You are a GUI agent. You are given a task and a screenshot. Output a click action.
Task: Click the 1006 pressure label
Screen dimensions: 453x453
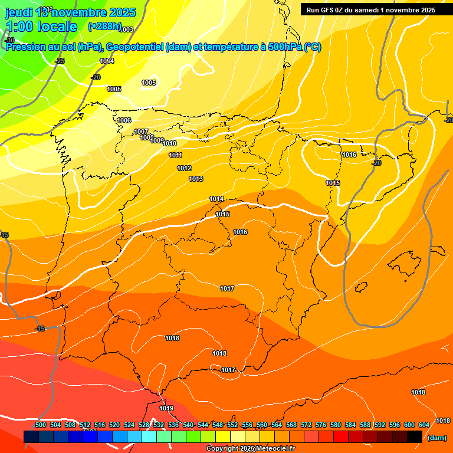click(124, 120)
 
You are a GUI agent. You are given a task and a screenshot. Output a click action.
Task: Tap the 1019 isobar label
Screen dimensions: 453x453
click(166, 408)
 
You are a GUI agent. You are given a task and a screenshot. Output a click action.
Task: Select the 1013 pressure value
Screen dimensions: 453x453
click(196, 179)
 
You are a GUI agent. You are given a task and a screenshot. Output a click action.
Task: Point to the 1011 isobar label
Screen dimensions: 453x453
click(175, 155)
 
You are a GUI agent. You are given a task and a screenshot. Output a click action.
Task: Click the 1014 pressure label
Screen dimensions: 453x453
click(216, 199)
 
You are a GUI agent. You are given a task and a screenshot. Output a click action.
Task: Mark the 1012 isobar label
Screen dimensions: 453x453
click(184, 168)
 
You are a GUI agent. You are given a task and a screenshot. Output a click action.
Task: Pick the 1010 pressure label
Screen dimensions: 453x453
click(169, 143)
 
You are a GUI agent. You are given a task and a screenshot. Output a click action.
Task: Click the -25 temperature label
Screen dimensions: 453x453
click(60, 61)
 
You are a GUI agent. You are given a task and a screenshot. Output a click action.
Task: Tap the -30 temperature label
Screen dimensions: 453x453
click(9, 40)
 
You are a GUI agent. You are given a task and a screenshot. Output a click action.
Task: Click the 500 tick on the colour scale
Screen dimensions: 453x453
click(41, 425)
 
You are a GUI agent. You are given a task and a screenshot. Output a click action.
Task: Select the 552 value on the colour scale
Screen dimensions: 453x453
click(232, 425)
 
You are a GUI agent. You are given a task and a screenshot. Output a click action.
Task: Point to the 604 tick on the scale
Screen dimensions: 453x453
click(424, 425)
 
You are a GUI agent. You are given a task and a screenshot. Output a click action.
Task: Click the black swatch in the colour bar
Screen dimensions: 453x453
click(414, 436)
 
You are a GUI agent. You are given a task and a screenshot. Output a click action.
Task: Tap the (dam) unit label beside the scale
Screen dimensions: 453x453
click(436, 437)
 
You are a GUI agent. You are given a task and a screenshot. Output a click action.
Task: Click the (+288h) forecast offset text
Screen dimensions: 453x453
click(104, 27)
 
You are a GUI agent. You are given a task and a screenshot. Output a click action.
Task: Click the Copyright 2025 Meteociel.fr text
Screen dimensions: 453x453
click(250, 448)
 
